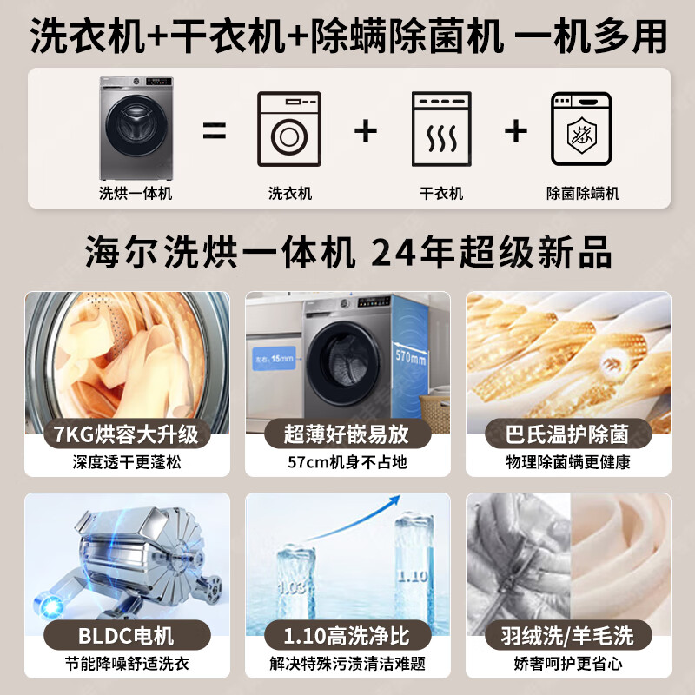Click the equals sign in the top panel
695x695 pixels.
pos(215,132)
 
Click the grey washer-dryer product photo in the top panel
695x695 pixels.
pos(135,126)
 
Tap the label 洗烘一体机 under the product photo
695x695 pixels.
pos(135,194)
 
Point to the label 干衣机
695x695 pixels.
pos(440,194)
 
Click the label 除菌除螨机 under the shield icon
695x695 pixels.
pos(582,194)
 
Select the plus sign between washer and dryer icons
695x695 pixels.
pos(366,131)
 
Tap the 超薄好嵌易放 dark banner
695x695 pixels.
pos(347,433)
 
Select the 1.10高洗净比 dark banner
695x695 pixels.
pos(347,635)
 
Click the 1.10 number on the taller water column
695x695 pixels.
pos(413,575)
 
